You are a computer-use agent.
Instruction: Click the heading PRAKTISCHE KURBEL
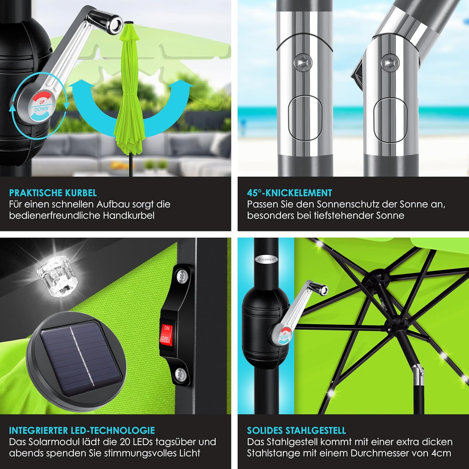(53, 193)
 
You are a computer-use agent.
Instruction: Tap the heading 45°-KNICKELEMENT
(290, 193)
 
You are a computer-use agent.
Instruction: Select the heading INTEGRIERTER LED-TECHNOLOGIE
(82, 431)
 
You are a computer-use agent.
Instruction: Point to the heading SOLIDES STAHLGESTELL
(296, 431)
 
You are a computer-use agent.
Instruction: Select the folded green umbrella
(130, 91)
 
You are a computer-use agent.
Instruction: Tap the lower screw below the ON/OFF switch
(180, 374)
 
